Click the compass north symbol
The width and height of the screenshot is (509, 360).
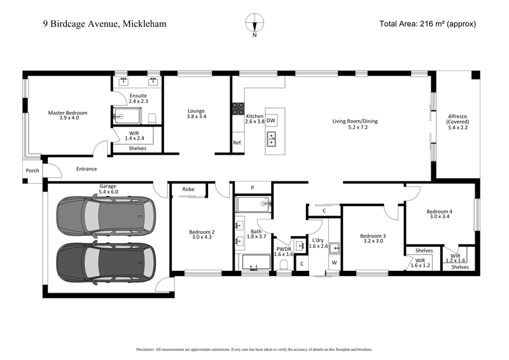click(254, 23)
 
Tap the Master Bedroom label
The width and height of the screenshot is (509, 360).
click(67, 116)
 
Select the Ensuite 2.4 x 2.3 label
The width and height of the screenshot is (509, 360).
click(138, 97)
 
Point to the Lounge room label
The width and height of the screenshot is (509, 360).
click(196, 113)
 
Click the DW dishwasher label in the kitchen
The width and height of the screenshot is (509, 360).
click(271, 120)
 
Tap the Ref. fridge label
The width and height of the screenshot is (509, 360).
click(238, 142)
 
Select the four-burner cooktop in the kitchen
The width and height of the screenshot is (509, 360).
click(238, 109)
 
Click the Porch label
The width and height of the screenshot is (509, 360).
click(32, 170)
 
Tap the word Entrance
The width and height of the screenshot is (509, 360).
click(87, 169)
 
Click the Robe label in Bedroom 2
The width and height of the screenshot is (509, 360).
click(188, 189)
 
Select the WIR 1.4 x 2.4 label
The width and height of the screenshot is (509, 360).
click(134, 135)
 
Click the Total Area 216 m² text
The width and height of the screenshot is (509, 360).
click(428, 24)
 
